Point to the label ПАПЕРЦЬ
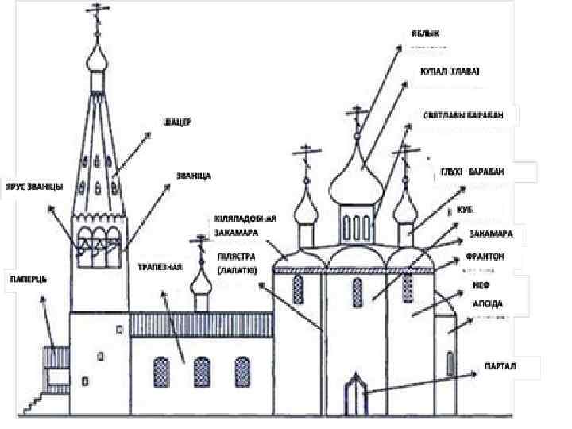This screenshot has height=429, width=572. click(x=28, y=279)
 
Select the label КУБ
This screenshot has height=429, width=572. click(x=466, y=210)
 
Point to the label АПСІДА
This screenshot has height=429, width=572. click(x=487, y=303)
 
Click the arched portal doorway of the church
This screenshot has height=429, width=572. click(x=352, y=396)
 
